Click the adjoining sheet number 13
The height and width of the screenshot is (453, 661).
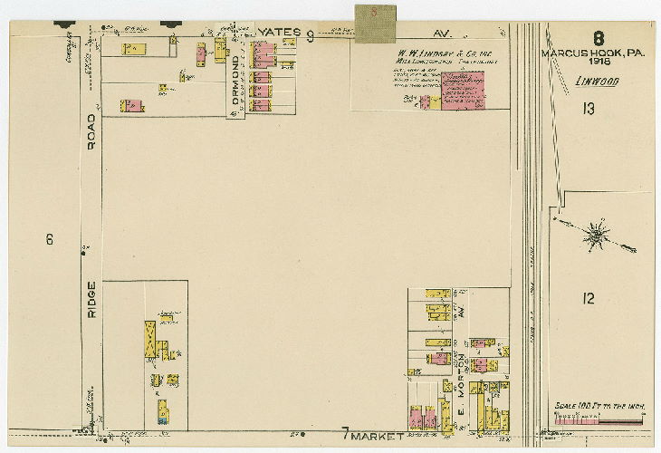589,110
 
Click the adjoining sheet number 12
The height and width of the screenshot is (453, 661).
589,298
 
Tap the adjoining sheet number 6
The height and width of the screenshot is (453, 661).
50,239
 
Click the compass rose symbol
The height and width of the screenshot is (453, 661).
596,235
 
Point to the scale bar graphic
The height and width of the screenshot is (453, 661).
599,420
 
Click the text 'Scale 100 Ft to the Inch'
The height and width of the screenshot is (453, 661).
599,405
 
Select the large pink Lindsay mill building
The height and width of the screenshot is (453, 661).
463,91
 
